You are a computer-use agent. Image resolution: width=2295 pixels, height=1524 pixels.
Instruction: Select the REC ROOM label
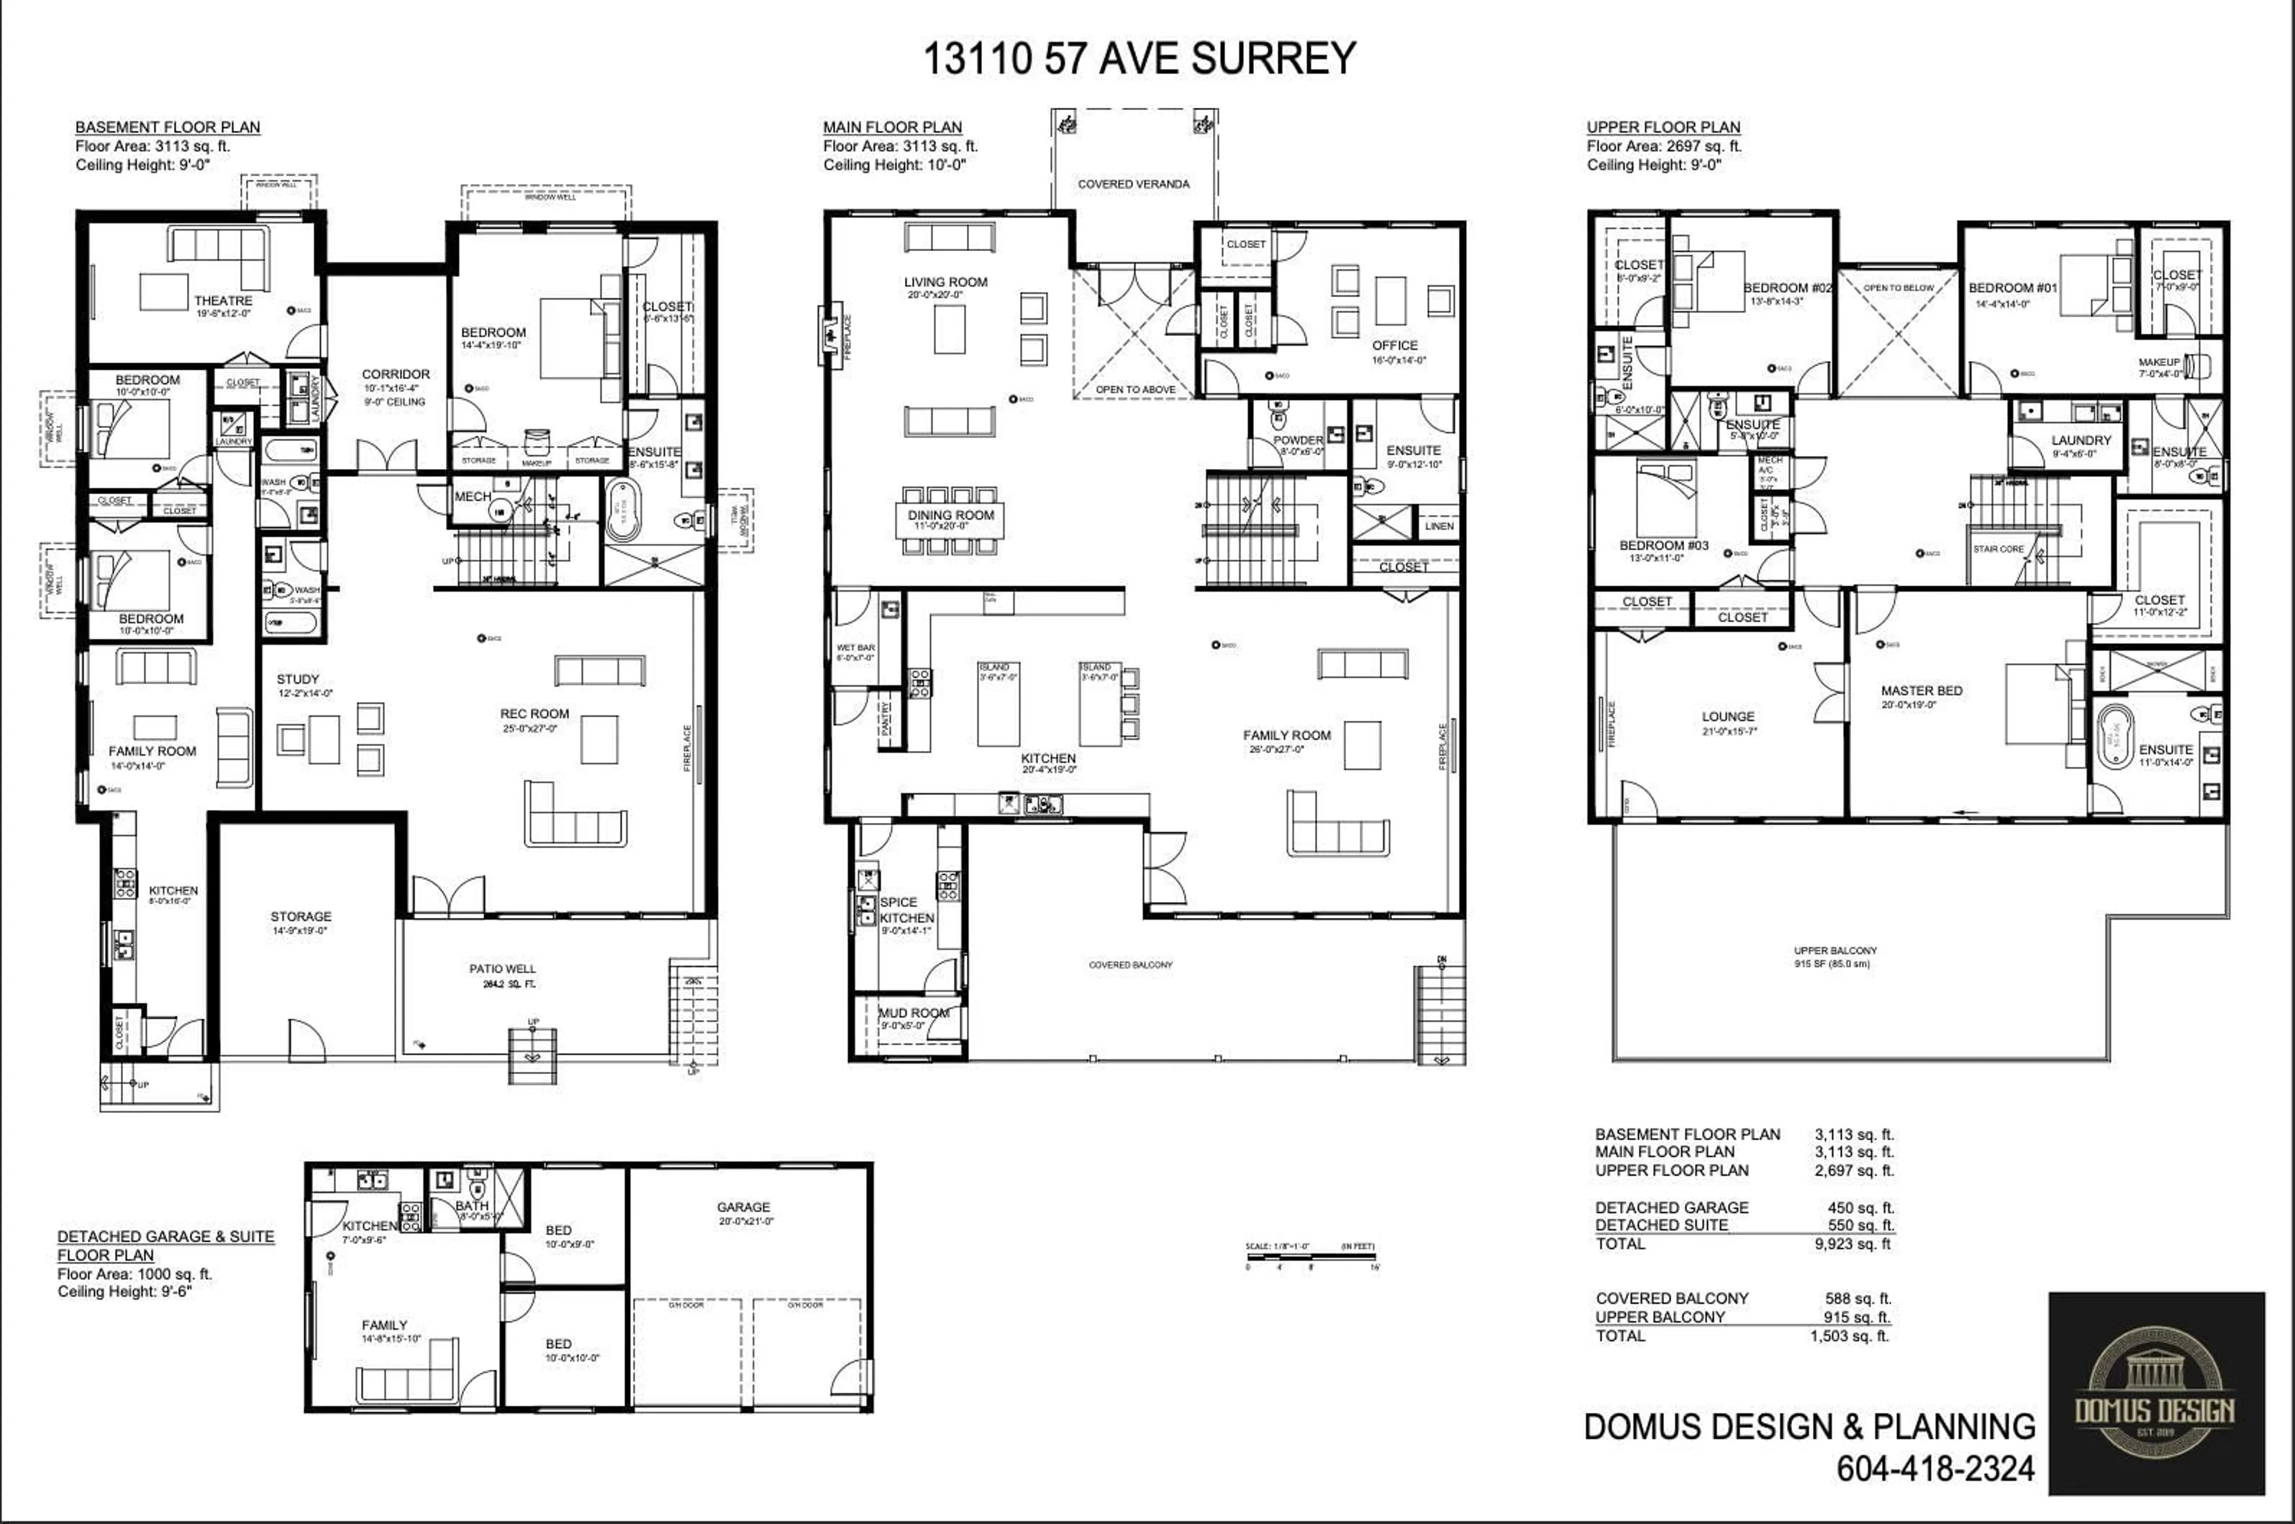click(x=535, y=714)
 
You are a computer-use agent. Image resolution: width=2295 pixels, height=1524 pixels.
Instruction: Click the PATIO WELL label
click(x=503, y=969)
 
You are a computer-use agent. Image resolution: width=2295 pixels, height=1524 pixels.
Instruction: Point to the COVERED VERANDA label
click(x=1133, y=183)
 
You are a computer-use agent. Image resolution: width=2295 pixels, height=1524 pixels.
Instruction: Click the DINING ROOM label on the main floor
click(x=951, y=515)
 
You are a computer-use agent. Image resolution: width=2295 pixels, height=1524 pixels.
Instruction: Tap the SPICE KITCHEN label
click(x=906, y=910)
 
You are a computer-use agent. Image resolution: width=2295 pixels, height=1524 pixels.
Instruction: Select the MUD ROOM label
click(x=914, y=1013)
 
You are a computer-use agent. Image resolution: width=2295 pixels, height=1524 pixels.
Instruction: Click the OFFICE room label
click(x=1395, y=345)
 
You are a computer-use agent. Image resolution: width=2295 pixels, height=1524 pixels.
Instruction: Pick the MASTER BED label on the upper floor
click(x=1921, y=691)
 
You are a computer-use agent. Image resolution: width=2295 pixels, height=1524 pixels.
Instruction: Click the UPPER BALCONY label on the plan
click(x=1835, y=950)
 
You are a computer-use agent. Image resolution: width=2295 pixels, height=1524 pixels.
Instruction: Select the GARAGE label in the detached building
click(x=743, y=1207)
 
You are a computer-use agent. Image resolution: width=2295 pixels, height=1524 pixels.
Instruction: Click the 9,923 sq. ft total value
click(x=1853, y=1244)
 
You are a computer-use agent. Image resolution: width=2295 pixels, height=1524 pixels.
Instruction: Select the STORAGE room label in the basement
click(x=301, y=917)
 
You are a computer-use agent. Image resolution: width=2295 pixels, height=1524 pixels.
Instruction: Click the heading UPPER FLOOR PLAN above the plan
click(x=1663, y=127)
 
